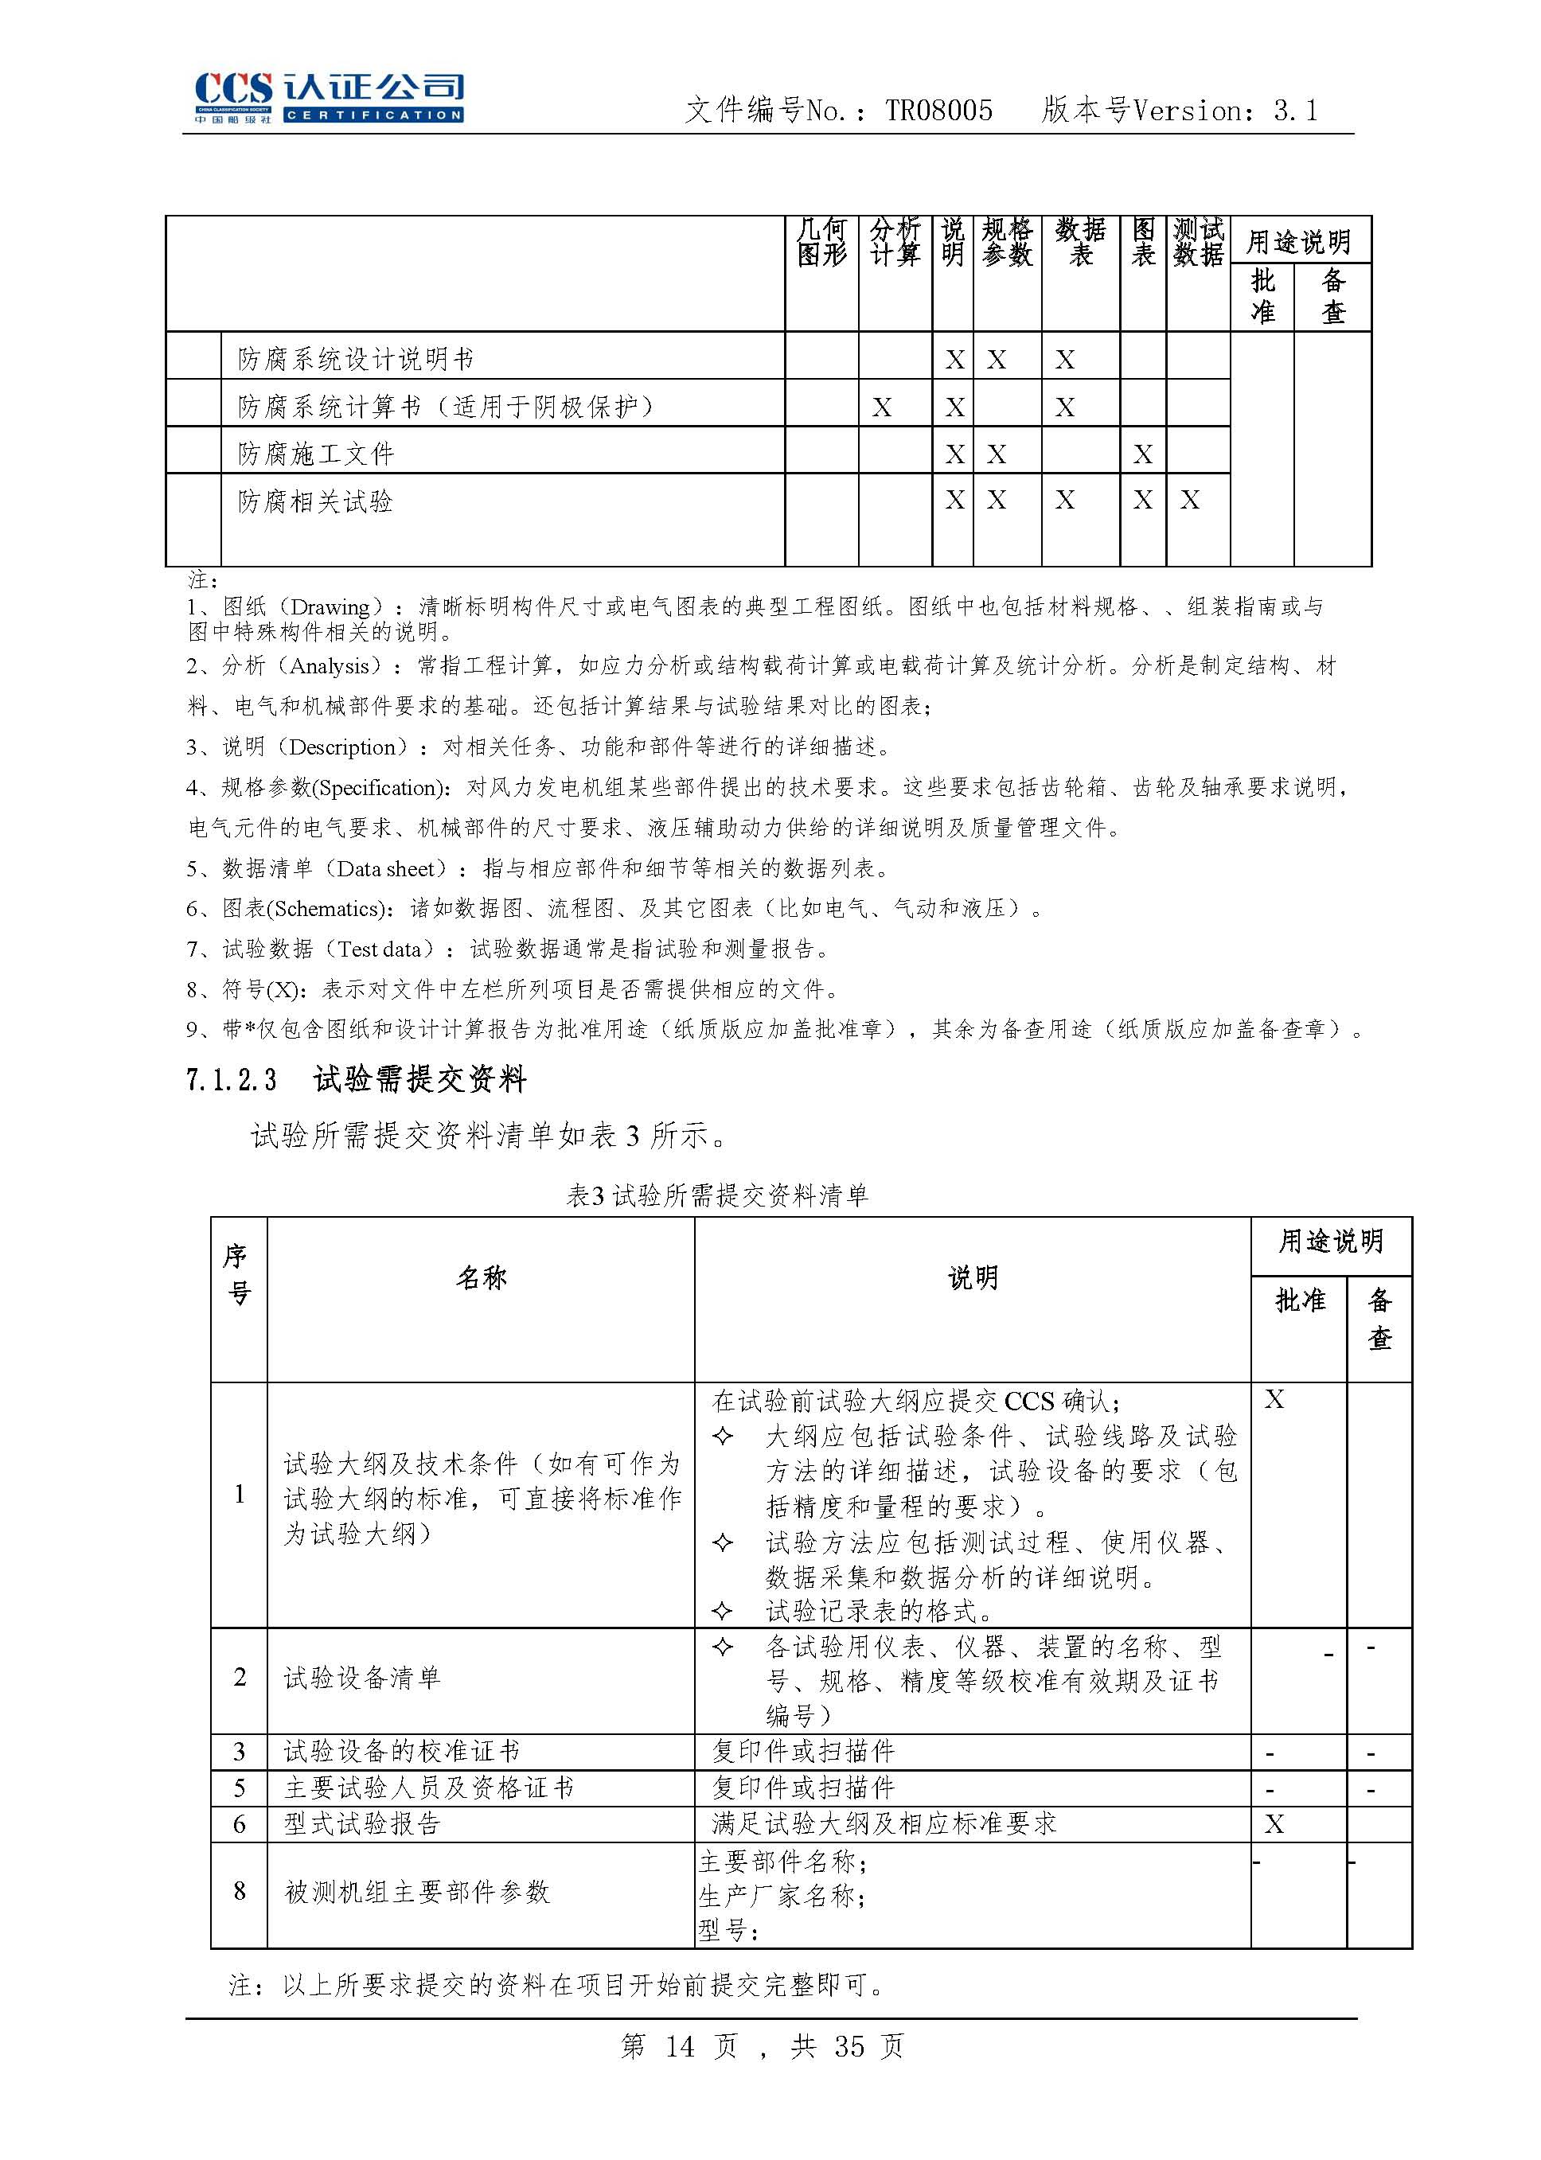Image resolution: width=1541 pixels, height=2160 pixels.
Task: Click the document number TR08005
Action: (938, 111)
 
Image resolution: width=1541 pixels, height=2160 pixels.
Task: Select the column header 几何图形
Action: (821, 242)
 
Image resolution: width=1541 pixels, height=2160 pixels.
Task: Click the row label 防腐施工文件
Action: (316, 454)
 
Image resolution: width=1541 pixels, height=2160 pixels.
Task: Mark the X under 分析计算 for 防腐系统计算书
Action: (881, 407)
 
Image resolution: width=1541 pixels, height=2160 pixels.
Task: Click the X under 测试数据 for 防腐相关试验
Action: (1190, 500)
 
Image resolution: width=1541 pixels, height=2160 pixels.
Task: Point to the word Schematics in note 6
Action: (327, 909)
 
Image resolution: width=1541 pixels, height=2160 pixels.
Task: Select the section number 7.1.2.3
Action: (232, 1079)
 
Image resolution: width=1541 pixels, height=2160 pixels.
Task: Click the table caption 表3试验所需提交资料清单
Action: (716, 1195)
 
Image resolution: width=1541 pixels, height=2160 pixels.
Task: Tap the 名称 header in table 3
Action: (481, 1278)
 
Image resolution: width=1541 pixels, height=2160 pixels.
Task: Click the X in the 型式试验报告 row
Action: (1274, 1824)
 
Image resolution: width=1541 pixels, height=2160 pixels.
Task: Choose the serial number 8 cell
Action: (239, 1892)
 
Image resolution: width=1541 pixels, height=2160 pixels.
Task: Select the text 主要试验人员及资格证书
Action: (429, 1788)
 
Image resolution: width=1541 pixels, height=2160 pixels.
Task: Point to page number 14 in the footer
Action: (680, 2046)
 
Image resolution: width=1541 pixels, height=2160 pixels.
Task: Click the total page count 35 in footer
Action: (849, 2046)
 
